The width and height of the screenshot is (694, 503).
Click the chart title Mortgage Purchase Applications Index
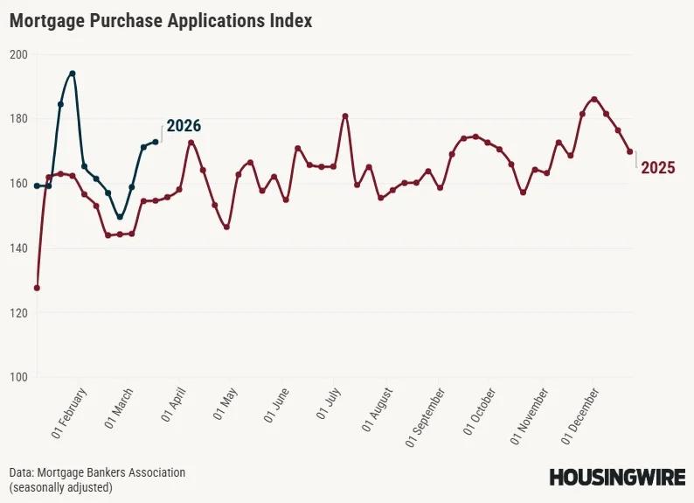[x=161, y=21]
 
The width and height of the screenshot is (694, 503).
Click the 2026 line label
[x=184, y=126]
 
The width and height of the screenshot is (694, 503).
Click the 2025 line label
[x=658, y=168]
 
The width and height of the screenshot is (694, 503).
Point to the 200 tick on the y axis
[x=19, y=54]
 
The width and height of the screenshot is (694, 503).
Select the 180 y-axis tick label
[x=19, y=119]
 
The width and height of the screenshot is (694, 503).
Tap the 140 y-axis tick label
[x=19, y=248]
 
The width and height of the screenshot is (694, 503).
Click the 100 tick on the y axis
[x=19, y=377]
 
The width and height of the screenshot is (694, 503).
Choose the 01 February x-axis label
[x=71, y=413]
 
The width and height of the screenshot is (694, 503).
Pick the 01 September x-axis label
[x=427, y=418]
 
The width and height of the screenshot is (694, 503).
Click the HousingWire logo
[x=616, y=478]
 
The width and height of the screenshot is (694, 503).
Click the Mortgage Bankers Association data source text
[x=98, y=472]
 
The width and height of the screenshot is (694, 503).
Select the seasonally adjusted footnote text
[x=61, y=487]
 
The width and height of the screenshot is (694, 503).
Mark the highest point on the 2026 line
[x=73, y=73]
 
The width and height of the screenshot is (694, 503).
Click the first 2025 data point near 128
[x=37, y=288]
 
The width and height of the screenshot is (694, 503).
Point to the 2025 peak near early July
[x=345, y=115]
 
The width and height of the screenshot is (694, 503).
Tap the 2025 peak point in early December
[x=594, y=99]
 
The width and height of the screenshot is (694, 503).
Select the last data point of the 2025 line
[x=630, y=152]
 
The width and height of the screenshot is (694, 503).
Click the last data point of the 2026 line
[x=156, y=142]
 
